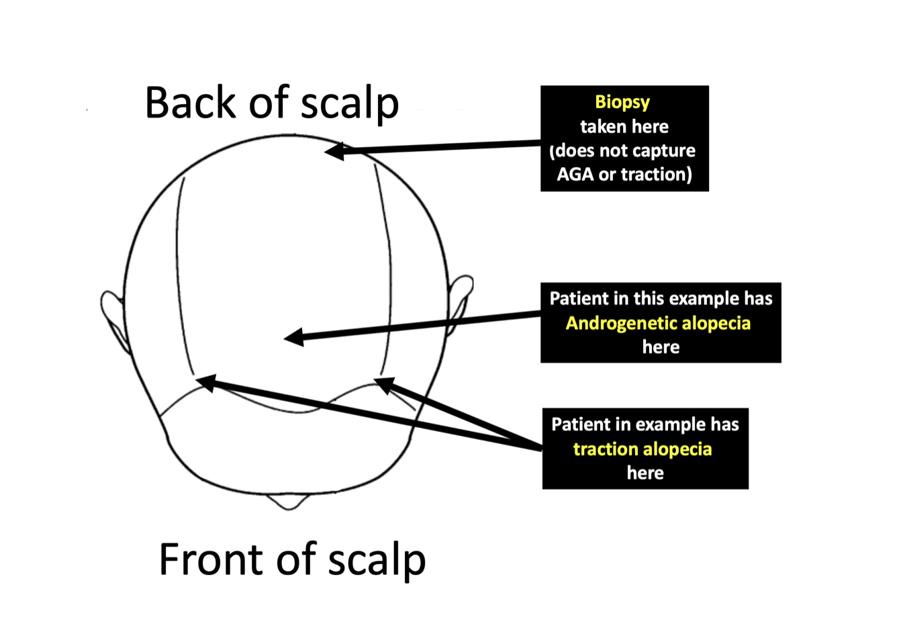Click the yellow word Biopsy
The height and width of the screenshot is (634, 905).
[x=622, y=102]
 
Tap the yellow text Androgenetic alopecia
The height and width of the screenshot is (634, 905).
[x=658, y=323]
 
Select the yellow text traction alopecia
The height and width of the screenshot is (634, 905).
[x=642, y=449]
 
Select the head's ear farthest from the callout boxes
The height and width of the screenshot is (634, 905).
[x=113, y=316]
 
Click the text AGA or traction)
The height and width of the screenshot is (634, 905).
[x=624, y=175]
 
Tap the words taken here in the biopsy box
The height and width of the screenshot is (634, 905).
[x=624, y=126]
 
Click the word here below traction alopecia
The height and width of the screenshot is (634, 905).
[x=645, y=473]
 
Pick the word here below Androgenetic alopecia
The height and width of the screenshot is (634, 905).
[x=661, y=347]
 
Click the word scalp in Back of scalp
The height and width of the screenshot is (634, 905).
[x=349, y=104]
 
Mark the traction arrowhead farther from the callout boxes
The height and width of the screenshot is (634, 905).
[x=205, y=382]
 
